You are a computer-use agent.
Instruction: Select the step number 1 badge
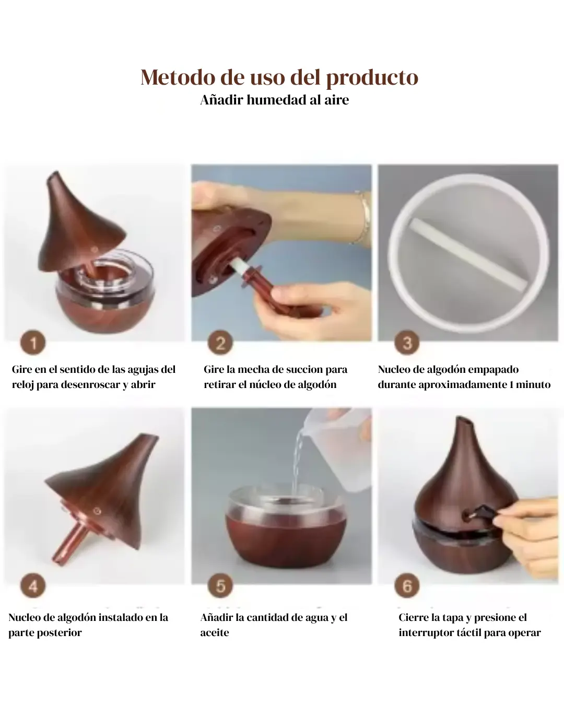tap(33, 343)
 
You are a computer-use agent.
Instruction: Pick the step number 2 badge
tap(220, 343)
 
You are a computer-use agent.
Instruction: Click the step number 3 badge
tap(407, 343)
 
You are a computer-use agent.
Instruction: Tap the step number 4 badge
tap(33, 585)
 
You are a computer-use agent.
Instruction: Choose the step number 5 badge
tap(220, 585)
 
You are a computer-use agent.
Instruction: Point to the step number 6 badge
tap(407, 585)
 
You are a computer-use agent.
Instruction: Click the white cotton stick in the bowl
tap(468, 254)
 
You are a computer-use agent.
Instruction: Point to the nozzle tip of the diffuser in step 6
tap(465, 420)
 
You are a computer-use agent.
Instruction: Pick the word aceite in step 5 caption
tap(215, 632)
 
